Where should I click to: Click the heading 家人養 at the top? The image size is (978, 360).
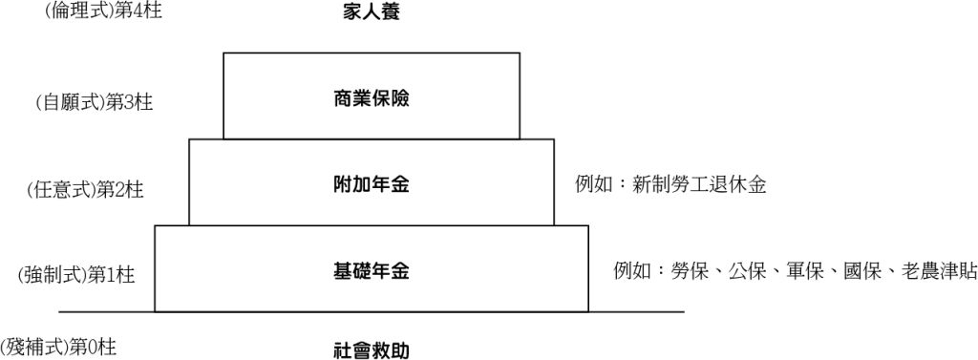(x=372, y=13)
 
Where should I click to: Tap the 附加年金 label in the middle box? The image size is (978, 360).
(x=372, y=184)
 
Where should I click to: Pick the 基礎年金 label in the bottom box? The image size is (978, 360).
(x=372, y=271)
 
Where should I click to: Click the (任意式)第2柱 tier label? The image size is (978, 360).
(x=85, y=189)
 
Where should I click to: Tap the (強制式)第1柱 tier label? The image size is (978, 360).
(x=76, y=276)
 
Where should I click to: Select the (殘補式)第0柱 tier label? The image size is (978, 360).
(x=59, y=346)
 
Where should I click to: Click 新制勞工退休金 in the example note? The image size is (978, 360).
(x=699, y=184)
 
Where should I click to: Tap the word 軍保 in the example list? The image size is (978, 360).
(x=805, y=271)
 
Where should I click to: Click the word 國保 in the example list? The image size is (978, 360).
(x=862, y=271)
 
